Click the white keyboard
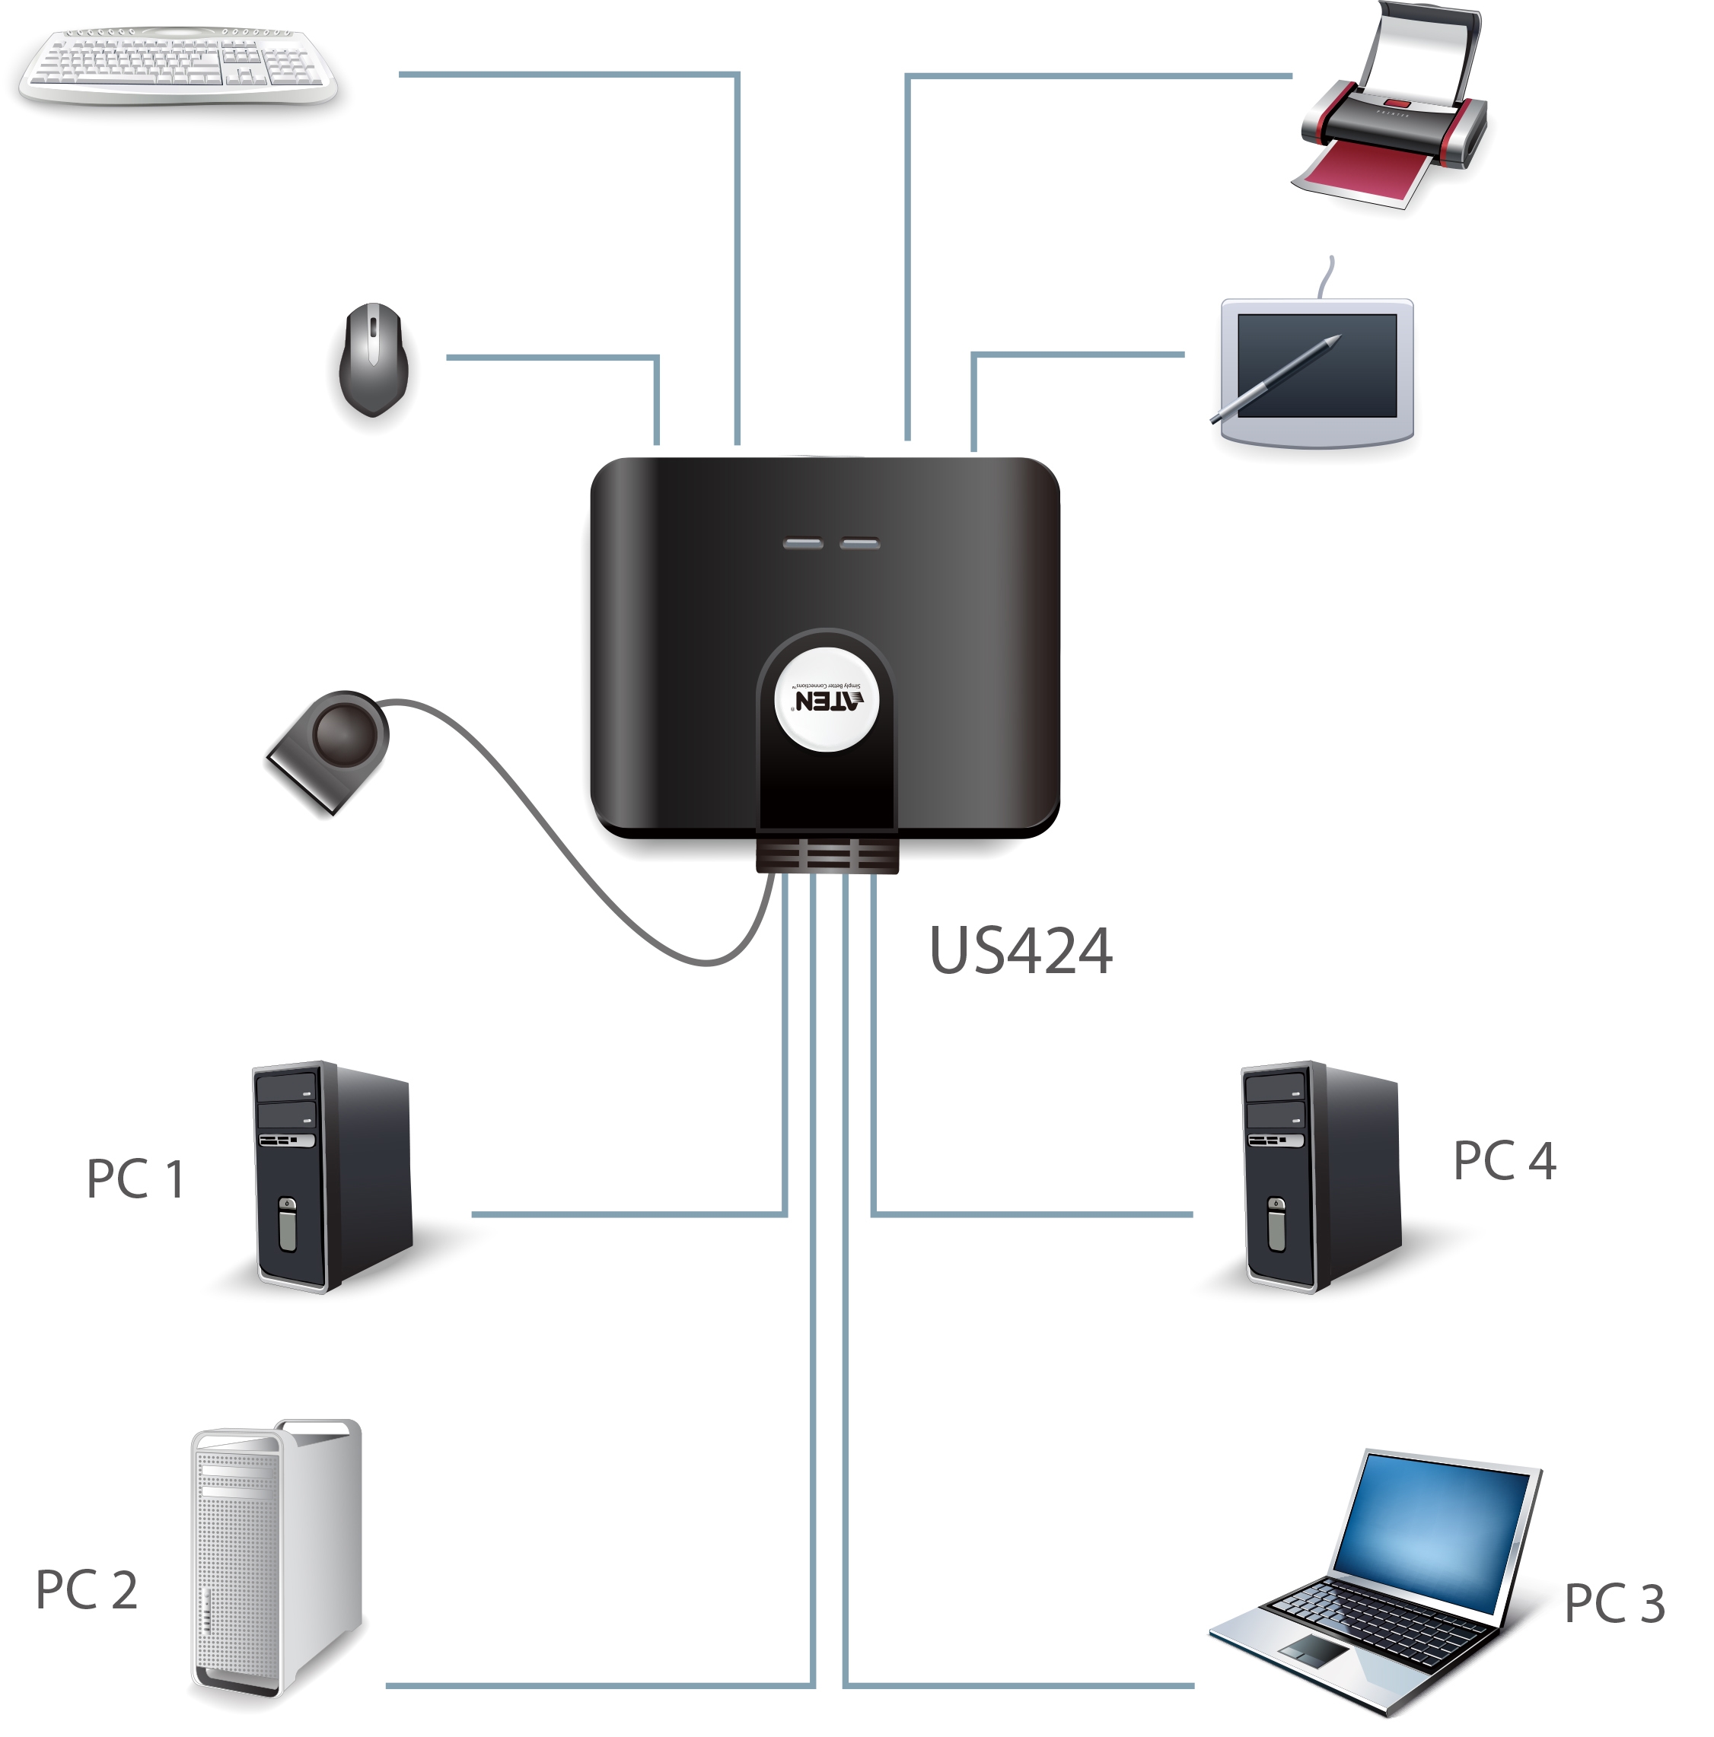tap(177, 65)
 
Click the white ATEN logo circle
tap(824, 699)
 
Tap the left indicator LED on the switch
tap(802, 543)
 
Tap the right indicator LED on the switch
tap(859, 543)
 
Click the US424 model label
tap(1020, 950)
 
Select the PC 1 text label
tap(135, 1179)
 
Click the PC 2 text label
tap(86, 1589)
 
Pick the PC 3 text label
tap(1614, 1603)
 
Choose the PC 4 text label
tap(1504, 1160)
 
